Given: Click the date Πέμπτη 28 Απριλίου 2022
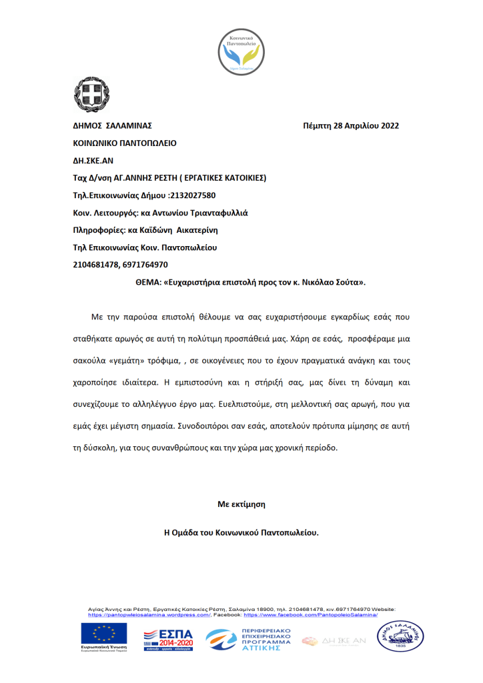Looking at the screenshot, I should click(350, 125).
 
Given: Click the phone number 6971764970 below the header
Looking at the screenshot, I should click(145, 265).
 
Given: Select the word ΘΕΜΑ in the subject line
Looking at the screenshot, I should click(147, 282).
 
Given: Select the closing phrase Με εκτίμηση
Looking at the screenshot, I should click(241, 504).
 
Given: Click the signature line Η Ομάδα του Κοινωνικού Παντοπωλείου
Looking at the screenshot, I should click(241, 533).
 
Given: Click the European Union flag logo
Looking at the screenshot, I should click(105, 635).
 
